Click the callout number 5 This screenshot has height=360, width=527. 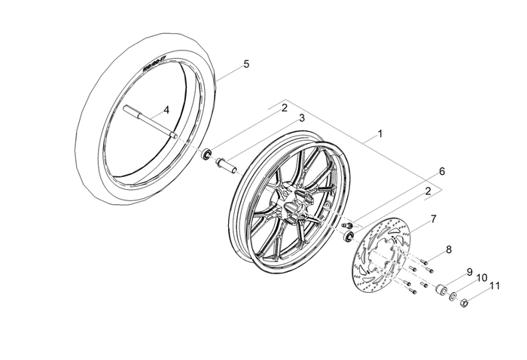(x=245, y=65)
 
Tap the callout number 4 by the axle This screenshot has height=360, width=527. (x=166, y=110)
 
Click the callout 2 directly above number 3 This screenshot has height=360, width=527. (x=285, y=108)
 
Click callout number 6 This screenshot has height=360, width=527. (x=442, y=171)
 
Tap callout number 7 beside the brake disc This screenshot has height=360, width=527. (x=433, y=219)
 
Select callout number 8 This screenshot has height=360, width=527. (x=449, y=249)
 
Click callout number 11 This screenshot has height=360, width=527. (x=495, y=285)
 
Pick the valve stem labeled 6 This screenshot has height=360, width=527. (x=347, y=225)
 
